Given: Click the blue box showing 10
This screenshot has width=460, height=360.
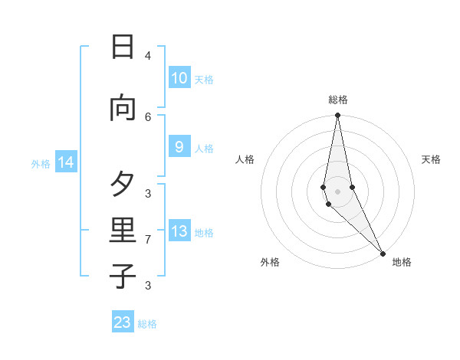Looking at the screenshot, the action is (x=179, y=78).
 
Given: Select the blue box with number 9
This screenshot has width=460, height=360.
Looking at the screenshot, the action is (x=179, y=147).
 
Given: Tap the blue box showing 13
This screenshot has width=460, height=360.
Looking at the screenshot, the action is (x=179, y=231).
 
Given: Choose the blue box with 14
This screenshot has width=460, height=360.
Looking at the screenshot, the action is (x=66, y=162).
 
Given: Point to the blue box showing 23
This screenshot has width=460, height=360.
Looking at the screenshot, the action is (x=123, y=322).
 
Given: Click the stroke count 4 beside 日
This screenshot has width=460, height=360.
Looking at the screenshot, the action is (x=148, y=55).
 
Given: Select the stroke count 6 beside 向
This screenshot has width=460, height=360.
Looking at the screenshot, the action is (x=148, y=116).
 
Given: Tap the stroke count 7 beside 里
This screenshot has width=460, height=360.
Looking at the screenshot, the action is (x=148, y=240).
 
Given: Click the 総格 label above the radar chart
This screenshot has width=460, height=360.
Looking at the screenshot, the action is (x=338, y=100).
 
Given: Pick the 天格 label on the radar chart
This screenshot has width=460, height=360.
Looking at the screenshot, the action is (x=431, y=159).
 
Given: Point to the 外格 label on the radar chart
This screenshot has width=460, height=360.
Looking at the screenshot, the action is (x=270, y=262).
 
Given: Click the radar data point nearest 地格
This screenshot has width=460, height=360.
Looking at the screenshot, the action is (x=383, y=252).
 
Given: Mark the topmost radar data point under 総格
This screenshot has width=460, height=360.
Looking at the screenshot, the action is (x=337, y=116).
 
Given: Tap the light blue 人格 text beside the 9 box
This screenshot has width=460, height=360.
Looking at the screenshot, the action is (x=204, y=149).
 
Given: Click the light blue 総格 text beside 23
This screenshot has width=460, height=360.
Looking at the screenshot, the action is (x=147, y=324).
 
